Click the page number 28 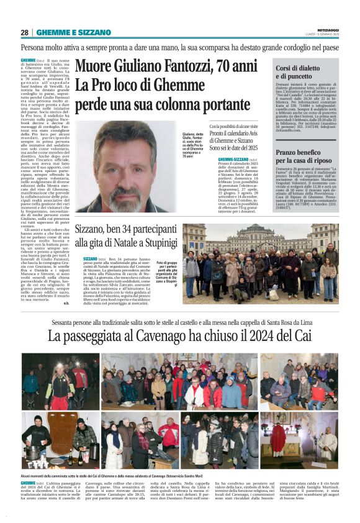click(x=25, y=32)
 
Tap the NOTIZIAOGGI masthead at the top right click(x=326, y=29)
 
